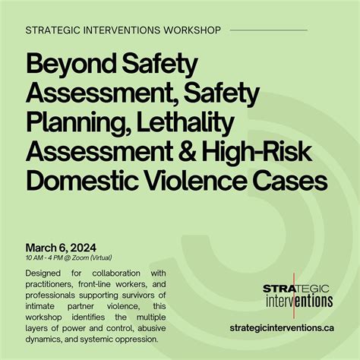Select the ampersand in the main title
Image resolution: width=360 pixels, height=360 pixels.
[x=186, y=152]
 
